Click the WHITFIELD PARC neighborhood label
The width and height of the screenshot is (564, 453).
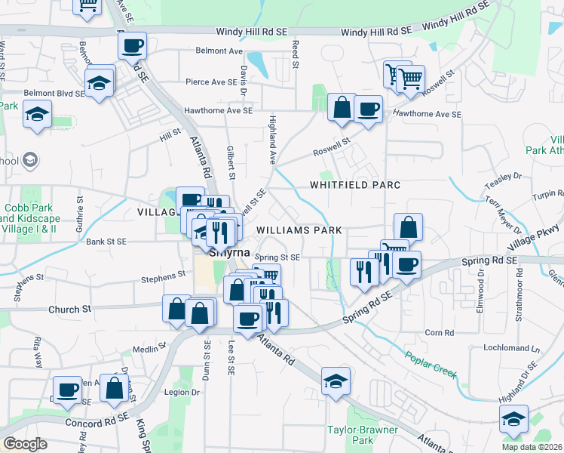[x=353, y=185]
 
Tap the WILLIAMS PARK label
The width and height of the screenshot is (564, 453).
[x=299, y=230]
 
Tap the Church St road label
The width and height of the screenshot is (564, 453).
[x=69, y=309]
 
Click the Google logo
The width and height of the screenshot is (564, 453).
[x=26, y=444]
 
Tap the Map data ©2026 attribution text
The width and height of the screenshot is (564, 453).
[x=532, y=447]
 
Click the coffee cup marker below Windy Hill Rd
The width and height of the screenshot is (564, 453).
[x=132, y=46]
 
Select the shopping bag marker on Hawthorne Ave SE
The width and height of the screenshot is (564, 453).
[x=342, y=107]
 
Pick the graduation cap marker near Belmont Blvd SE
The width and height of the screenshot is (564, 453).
[x=37, y=116]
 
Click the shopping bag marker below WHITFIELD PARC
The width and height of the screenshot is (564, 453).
[x=407, y=227]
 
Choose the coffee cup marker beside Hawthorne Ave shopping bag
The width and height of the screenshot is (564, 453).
[x=368, y=109]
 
